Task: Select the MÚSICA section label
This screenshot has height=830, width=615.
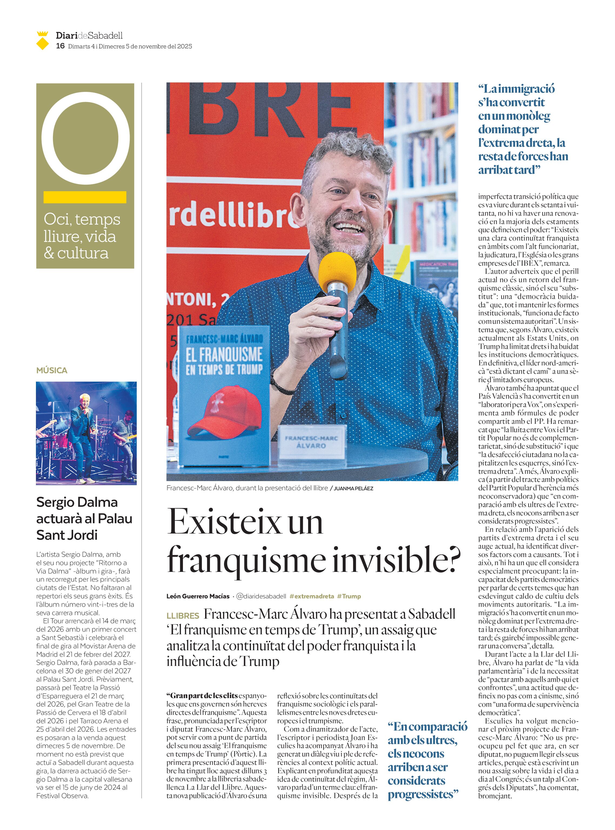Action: pos(52,370)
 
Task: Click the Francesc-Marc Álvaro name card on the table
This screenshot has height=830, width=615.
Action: pos(311,442)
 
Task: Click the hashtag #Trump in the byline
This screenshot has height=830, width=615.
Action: pos(349,596)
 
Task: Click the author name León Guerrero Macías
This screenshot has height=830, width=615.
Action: pos(198,596)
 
